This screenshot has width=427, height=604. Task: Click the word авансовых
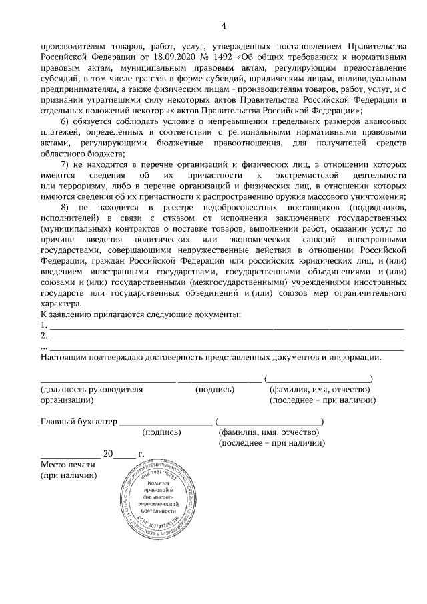382,121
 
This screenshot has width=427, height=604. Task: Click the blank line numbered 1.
227,327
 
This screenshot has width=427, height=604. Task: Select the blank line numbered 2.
227,338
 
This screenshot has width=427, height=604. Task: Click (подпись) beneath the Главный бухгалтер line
162,432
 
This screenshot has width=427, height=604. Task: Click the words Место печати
69,464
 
